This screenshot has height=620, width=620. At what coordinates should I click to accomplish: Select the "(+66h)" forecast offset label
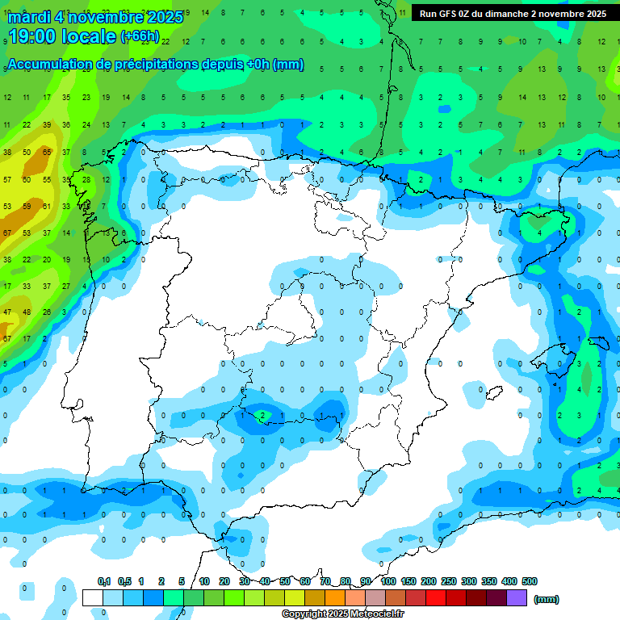click(x=140, y=36)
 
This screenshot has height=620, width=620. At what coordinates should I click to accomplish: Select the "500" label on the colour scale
click(x=530, y=581)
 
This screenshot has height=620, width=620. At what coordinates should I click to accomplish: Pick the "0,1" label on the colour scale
click(x=104, y=581)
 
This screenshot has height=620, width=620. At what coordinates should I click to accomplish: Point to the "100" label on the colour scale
click(x=387, y=581)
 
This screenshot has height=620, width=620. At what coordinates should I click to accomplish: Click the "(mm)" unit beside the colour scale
click(x=547, y=600)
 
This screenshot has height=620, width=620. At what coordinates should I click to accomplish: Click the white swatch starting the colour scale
click(x=92, y=598)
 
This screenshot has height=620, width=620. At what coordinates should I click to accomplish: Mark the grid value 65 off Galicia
click(x=47, y=152)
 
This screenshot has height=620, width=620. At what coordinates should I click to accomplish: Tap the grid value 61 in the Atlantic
click(x=47, y=206)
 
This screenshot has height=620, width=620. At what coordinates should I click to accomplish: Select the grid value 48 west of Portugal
click(x=27, y=312)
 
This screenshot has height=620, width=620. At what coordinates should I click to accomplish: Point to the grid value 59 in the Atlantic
click(x=27, y=206)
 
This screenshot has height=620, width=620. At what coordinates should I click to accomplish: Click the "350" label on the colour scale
click(x=488, y=581)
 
